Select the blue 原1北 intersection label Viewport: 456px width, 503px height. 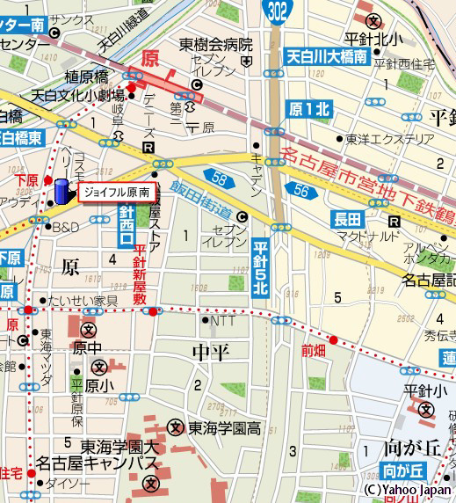click(309, 109)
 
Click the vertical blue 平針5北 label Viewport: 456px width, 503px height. click(259, 273)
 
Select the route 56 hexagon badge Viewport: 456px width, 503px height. click(302, 188)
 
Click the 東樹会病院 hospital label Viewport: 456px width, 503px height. click(216, 44)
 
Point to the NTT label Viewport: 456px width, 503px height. click(223, 321)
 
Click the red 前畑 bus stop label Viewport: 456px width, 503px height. click(313, 349)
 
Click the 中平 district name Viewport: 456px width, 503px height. click(211, 353)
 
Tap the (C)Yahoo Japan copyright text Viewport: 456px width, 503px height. click(407, 490)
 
